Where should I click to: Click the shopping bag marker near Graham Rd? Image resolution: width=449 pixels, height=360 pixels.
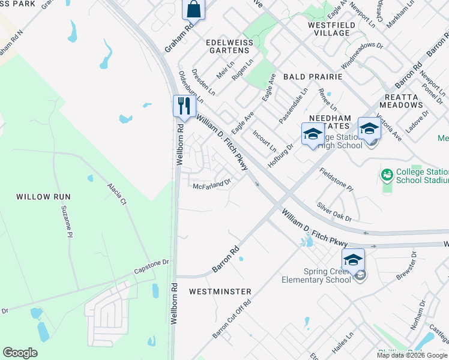click(194, 10)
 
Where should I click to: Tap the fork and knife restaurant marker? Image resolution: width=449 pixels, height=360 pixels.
click(184, 106)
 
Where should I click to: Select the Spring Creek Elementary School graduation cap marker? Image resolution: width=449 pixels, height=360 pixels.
click(353, 260)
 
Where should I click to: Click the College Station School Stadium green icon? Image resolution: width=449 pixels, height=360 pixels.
click(387, 175)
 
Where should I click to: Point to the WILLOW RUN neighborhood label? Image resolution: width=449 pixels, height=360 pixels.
click(43, 197)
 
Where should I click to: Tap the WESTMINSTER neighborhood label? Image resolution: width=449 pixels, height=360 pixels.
click(220, 292)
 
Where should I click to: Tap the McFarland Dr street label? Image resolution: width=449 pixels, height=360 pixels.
click(212, 185)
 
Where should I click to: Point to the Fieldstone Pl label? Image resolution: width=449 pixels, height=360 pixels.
click(336, 179)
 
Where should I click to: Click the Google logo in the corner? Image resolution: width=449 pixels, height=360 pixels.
click(20, 353)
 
